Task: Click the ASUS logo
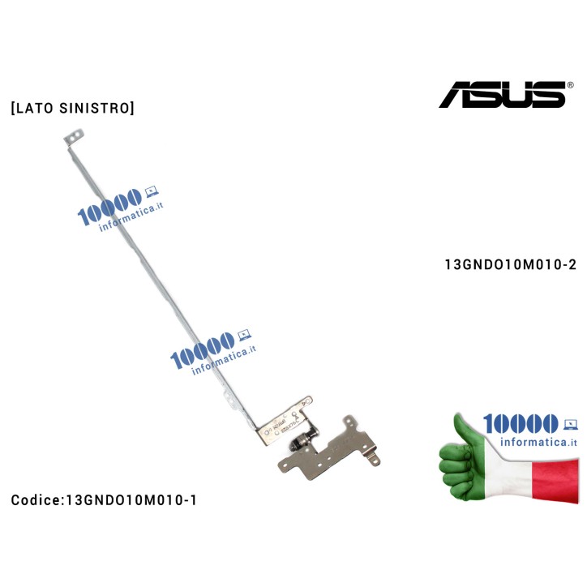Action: (502, 93)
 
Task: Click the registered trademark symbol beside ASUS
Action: (570, 84)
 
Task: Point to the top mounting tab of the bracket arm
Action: (74, 140)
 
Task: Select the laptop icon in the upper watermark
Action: (150, 192)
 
